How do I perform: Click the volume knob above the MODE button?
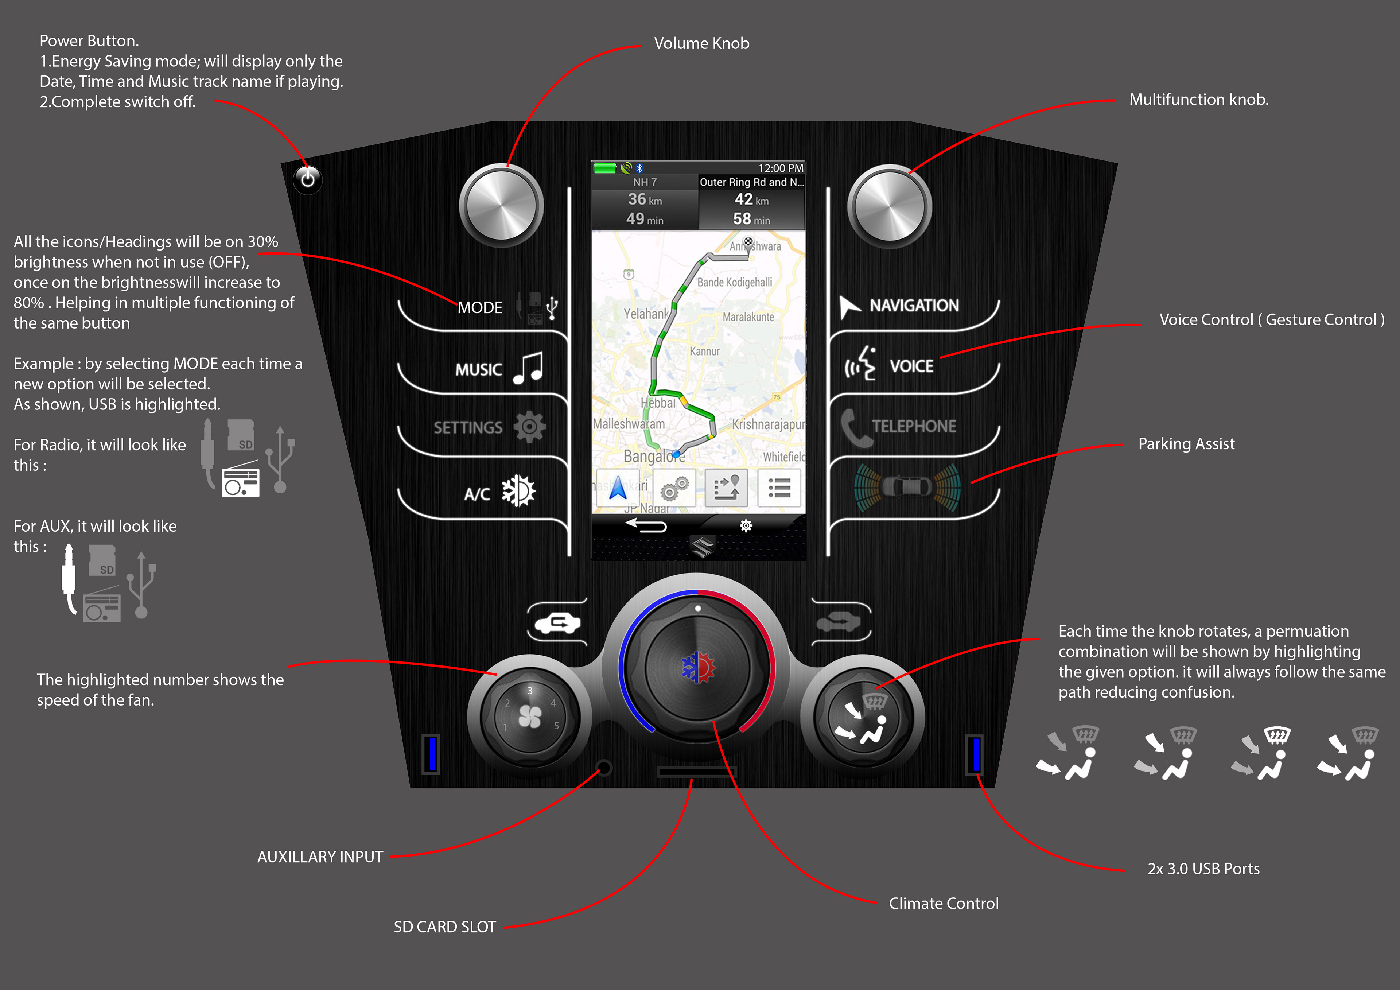point(501,206)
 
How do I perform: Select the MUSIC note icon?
point(528,368)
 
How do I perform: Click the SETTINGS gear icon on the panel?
point(529,426)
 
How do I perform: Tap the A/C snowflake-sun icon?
point(518,491)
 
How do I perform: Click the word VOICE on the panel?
point(911,366)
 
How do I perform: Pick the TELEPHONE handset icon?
point(855,427)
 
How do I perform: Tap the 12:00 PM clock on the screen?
point(781,168)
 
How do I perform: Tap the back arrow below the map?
point(646,525)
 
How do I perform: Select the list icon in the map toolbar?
point(779,488)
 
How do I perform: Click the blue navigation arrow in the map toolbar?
point(618,488)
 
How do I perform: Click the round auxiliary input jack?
point(604,767)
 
